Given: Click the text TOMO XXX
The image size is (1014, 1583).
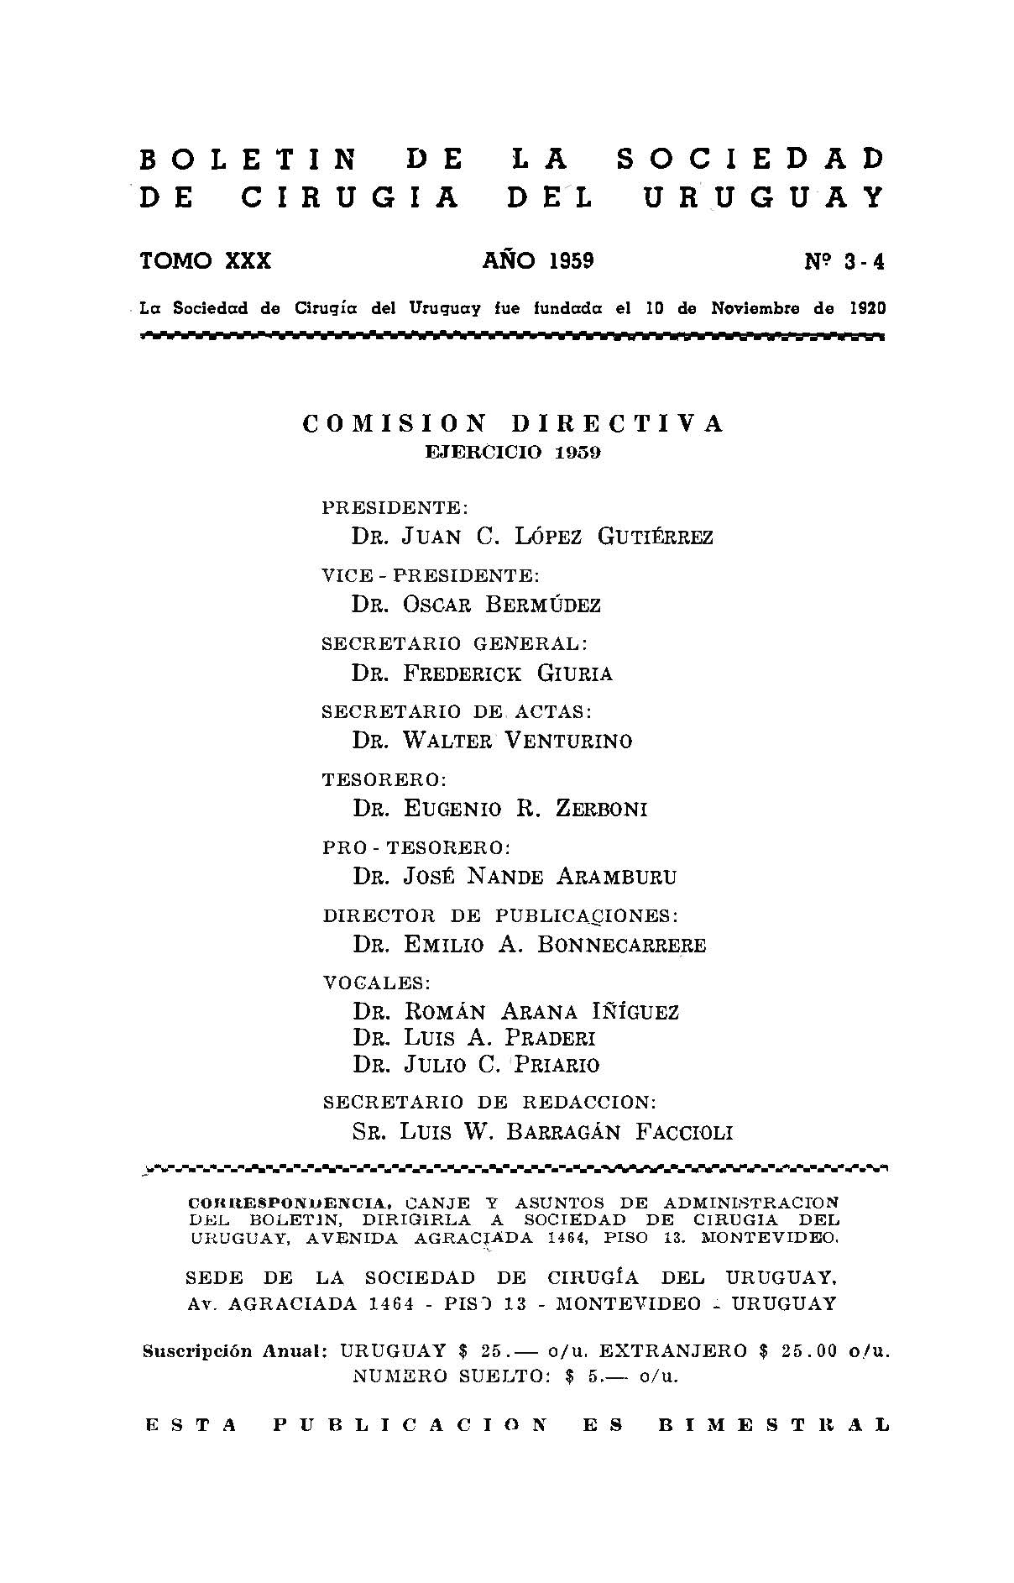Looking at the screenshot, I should [x=206, y=261].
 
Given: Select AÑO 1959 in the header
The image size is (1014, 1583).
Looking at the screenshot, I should [x=538, y=261].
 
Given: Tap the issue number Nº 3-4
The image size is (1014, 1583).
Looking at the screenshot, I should [x=844, y=263].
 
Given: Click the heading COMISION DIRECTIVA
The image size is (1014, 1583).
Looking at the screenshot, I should [x=512, y=424].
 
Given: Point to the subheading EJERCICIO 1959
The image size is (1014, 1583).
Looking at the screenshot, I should [x=513, y=453].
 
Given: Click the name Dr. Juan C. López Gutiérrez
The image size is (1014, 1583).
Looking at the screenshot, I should [x=532, y=537].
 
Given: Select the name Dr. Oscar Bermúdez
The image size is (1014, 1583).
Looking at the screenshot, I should [x=476, y=605].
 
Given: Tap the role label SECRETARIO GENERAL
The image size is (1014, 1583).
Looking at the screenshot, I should [x=455, y=644].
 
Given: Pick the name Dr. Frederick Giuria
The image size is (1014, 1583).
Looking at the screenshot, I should [x=482, y=674].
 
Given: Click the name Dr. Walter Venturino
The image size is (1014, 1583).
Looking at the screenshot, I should [x=492, y=741].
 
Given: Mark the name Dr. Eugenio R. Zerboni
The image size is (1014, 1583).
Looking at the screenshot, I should [x=499, y=809].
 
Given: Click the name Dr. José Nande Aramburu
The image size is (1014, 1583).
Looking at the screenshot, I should [x=514, y=877].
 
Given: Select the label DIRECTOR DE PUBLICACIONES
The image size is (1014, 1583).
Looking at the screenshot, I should [x=500, y=915].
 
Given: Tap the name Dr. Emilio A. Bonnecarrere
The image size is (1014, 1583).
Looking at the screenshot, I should [x=529, y=945].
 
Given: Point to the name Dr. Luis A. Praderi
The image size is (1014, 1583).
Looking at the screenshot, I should [x=473, y=1038].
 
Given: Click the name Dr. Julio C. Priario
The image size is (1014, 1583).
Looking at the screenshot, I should [x=476, y=1065].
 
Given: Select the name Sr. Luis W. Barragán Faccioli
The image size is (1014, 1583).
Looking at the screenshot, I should [x=542, y=1132].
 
